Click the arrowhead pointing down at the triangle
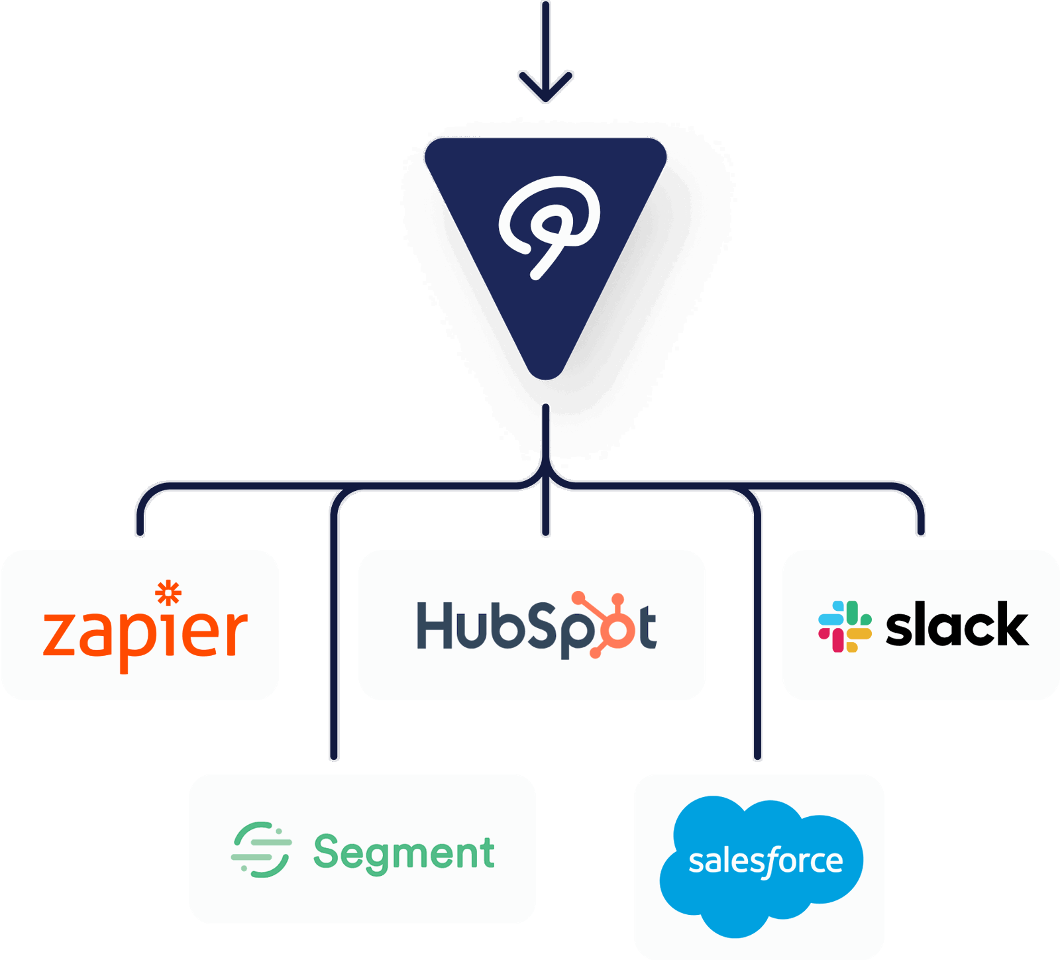coord(545,90)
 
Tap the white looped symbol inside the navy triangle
coord(549,224)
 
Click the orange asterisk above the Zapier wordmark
coord(168,592)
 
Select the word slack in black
coord(957,625)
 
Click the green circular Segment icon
coord(261,850)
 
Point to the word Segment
coord(404,853)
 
